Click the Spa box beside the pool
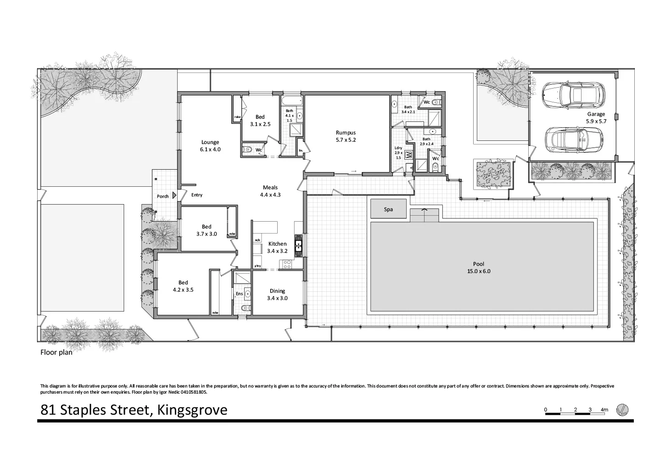click(x=388, y=209)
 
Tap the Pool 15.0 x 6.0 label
click(x=479, y=268)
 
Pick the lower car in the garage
click(x=573, y=139)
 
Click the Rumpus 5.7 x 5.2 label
click(x=346, y=136)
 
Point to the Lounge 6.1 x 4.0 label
click(x=210, y=145)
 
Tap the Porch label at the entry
click(x=163, y=196)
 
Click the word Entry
click(x=196, y=195)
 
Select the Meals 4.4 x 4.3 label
click(x=270, y=191)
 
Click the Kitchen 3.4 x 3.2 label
click(x=277, y=247)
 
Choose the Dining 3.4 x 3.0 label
click(x=277, y=294)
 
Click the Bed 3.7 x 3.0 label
click(x=207, y=230)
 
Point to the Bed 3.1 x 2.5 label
click(x=260, y=121)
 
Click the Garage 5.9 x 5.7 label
click(x=596, y=117)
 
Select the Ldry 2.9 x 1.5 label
click(x=398, y=152)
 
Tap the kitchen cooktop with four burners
click(x=287, y=264)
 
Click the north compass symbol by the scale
click(x=622, y=409)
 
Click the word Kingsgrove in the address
click(x=192, y=409)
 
